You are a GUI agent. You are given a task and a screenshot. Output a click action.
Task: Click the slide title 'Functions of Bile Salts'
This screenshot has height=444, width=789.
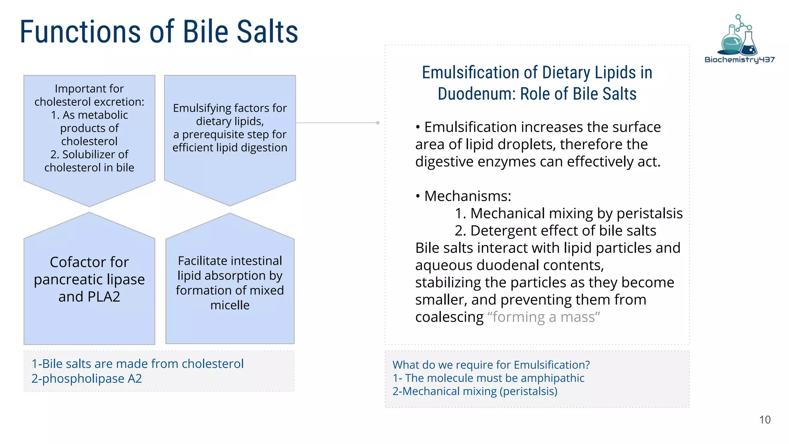pos(159,32)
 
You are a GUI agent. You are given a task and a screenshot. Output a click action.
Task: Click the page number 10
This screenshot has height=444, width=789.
pos(765,420)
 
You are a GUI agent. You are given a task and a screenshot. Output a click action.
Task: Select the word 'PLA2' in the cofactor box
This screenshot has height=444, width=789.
pos(104,297)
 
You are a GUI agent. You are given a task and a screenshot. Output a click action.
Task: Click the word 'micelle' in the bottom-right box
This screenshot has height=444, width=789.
pos(230,305)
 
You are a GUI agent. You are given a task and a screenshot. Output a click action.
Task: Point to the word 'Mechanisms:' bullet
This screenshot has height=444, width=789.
pos(468,196)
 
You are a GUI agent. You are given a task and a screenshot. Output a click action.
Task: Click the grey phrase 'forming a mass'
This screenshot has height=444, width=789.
pos(544,317)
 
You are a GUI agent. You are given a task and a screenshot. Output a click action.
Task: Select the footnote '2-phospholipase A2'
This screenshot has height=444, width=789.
pos(87,379)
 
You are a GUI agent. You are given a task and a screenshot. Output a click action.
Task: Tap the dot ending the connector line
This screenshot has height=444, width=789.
pos(378,123)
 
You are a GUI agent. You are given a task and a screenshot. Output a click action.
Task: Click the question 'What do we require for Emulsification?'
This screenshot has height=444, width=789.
pos(491,365)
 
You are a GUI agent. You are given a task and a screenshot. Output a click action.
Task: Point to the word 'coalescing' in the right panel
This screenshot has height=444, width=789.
pos(449,317)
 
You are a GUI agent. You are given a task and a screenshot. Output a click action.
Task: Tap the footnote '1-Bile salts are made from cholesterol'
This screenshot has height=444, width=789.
pos(138,364)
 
